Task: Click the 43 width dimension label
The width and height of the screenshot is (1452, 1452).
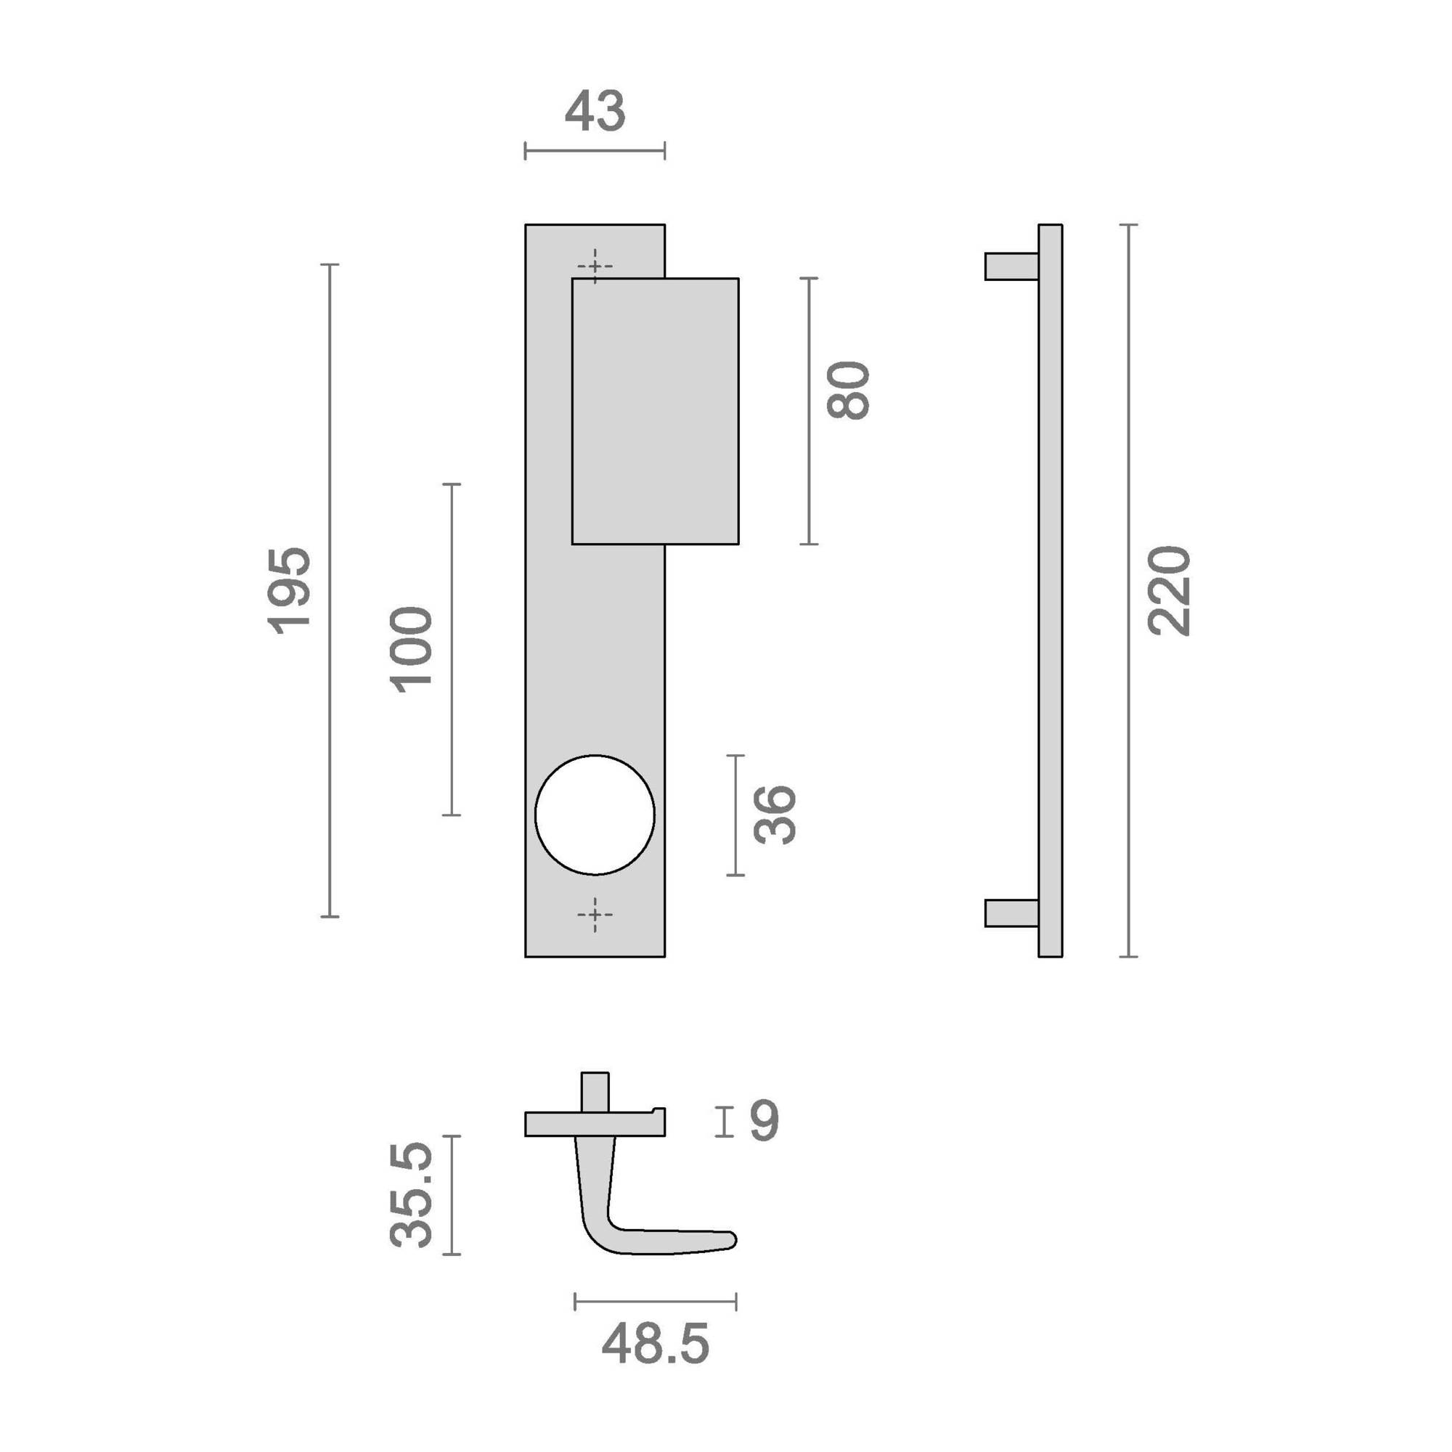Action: [x=595, y=111]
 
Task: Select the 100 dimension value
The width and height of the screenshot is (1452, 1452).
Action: [x=411, y=649]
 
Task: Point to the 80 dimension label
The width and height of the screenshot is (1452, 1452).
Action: [x=848, y=390]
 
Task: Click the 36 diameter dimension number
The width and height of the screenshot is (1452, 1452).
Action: [x=774, y=815]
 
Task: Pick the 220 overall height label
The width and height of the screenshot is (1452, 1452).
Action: [x=1169, y=591]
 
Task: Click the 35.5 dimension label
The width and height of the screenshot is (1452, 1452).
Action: [x=411, y=1194]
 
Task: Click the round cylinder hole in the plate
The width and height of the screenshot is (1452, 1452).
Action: [x=595, y=815]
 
